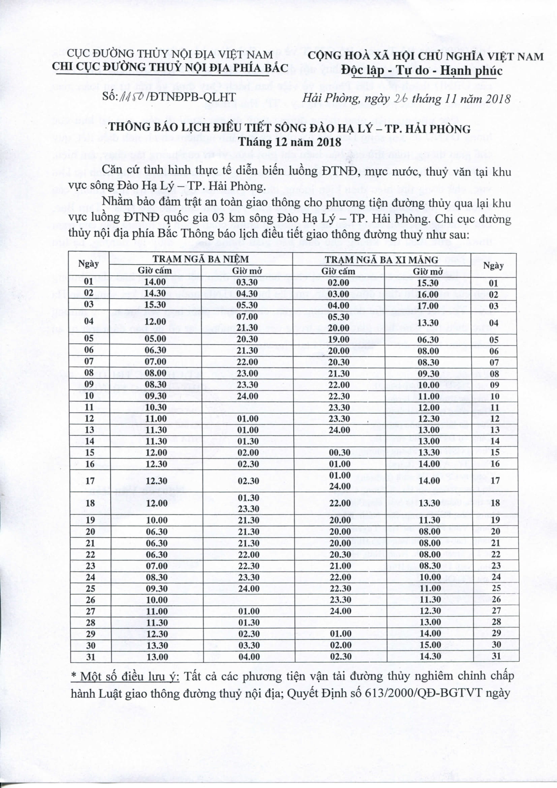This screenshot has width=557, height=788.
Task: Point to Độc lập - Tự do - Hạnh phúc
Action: pos(422,70)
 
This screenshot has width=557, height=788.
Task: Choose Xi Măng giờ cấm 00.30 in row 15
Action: pos(339,453)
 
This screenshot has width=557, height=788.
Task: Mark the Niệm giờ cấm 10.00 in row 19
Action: pos(156,520)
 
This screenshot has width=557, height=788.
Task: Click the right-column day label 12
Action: pos(495,419)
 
